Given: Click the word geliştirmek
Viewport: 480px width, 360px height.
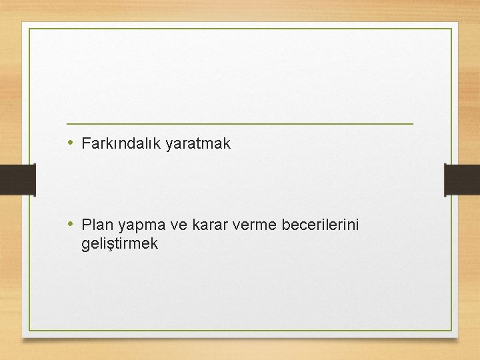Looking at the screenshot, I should (120, 245).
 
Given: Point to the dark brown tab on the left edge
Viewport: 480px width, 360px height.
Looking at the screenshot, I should (17, 180).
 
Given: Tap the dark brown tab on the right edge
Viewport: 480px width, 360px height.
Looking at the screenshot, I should (463, 180).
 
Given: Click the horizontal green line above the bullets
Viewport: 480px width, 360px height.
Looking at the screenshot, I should (240, 124).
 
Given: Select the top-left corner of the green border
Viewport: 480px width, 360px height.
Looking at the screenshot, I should (29, 29).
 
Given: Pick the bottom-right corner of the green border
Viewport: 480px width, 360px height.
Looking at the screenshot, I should (451, 331).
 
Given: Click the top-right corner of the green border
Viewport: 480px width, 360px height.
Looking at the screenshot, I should (451, 29).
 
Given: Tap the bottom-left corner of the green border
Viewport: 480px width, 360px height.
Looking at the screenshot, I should (29, 331).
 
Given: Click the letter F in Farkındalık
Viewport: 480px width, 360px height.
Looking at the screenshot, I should (86, 143).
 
